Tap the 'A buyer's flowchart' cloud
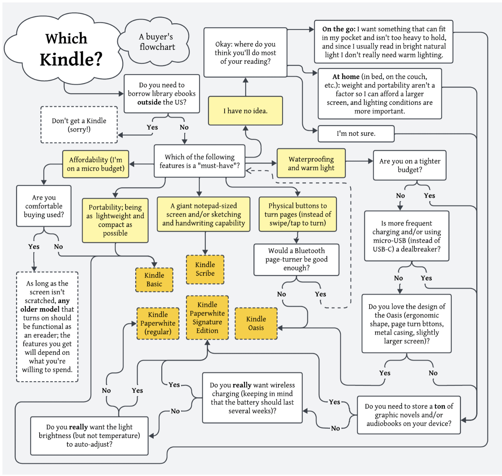[157, 42]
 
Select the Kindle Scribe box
[205, 269]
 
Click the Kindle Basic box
[154, 280]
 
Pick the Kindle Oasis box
[256, 323]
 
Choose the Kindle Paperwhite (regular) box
[158, 323]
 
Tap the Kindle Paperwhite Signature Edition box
[207, 318]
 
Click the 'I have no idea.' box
[245, 111]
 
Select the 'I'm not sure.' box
[356, 134]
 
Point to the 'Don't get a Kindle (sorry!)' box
[79, 125]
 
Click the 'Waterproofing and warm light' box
[311, 164]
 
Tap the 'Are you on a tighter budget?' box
[410, 165]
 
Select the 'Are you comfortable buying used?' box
[44, 206]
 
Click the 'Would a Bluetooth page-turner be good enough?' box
[296, 260]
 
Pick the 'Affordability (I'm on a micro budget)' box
[96, 164]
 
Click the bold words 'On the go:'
[338, 29]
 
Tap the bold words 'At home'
[346, 77]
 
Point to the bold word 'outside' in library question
[149, 102]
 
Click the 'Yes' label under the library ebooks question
[152, 127]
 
